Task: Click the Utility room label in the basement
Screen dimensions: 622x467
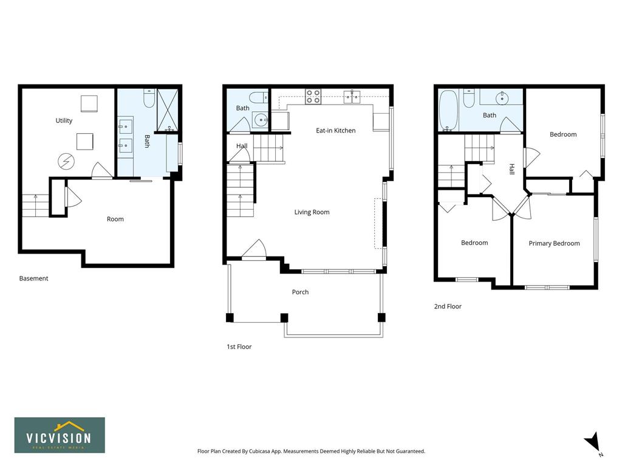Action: (x=64, y=120)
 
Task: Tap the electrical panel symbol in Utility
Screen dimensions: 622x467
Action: (x=66, y=162)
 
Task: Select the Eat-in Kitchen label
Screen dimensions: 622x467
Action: (x=335, y=130)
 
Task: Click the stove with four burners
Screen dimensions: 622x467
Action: (x=313, y=97)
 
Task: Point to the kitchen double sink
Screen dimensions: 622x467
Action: (x=352, y=96)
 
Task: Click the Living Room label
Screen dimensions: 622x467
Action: (x=312, y=212)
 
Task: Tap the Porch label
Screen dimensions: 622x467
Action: (x=300, y=292)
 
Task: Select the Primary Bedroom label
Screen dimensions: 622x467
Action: (x=554, y=243)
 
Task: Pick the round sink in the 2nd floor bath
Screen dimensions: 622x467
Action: (x=502, y=97)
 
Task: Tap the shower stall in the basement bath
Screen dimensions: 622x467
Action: (x=168, y=110)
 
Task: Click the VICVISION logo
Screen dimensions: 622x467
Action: (x=60, y=435)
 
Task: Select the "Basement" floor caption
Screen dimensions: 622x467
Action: (x=34, y=278)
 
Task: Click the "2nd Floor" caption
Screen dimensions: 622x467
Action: (x=448, y=306)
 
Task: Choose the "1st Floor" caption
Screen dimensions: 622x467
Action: (x=239, y=347)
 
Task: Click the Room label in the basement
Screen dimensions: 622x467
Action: (x=115, y=219)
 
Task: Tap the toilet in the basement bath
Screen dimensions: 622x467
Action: (x=149, y=98)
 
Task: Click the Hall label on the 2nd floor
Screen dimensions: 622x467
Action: (x=511, y=169)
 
